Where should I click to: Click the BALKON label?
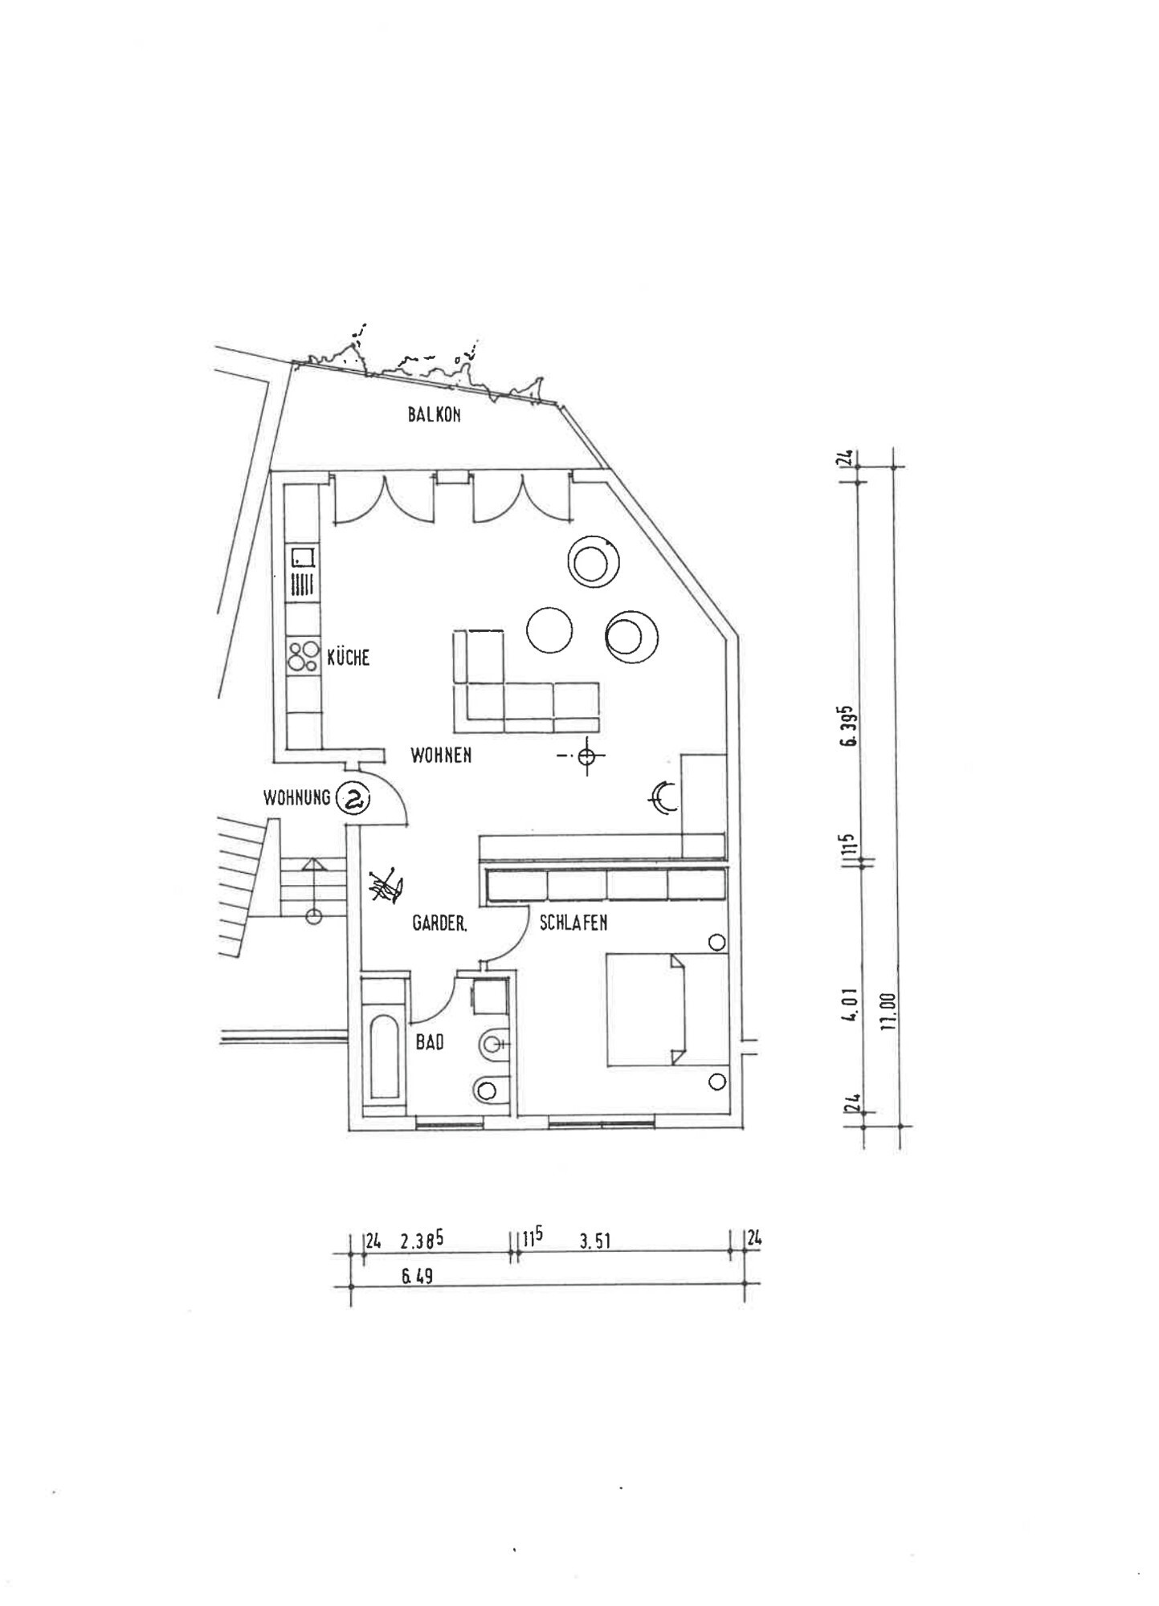coord(434,415)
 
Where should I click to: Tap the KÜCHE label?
coord(349,658)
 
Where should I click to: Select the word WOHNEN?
coord(441,755)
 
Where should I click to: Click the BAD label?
coord(430,1042)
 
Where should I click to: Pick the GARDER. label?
coord(439,923)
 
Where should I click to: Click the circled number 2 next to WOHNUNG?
coord(353,798)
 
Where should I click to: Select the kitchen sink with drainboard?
coord(303,572)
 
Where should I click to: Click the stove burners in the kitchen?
coord(303,655)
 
